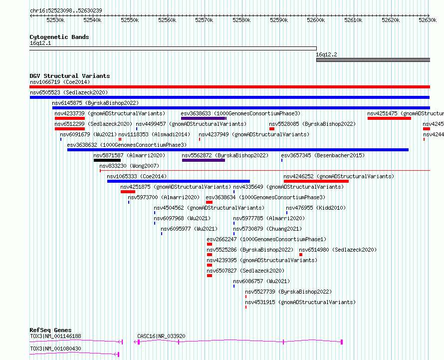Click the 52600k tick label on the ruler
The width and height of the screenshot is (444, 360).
pos(316,20)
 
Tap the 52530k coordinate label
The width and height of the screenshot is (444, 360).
pos(55,20)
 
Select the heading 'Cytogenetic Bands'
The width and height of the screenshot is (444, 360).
pos(59,37)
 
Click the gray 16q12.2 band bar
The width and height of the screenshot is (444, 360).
pos(373,60)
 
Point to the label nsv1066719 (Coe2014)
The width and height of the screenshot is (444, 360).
pos(60,82)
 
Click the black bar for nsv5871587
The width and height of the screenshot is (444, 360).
pos(107,160)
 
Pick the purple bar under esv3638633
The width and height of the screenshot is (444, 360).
pos(204,118)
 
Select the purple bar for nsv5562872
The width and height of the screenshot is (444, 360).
pos(204,160)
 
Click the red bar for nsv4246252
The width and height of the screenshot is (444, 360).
pos(316,181)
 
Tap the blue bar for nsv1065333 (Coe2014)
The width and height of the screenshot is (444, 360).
pos(179,181)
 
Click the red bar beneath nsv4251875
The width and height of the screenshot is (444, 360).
pos(128,192)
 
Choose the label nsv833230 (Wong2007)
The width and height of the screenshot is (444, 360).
pos(129,166)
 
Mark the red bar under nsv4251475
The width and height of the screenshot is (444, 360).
pos(389,118)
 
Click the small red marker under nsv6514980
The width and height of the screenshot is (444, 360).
pos(301,255)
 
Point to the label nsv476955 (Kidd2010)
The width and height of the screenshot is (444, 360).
pos(316,208)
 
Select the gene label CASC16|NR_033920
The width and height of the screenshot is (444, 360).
pos(161,336)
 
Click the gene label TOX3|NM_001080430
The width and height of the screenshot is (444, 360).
pos(55,349)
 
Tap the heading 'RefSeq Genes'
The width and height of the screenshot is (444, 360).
pos(50,330)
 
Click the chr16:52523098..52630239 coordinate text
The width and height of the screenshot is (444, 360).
pos(66,10)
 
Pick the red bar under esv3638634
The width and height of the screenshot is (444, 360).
pos(209,202)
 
